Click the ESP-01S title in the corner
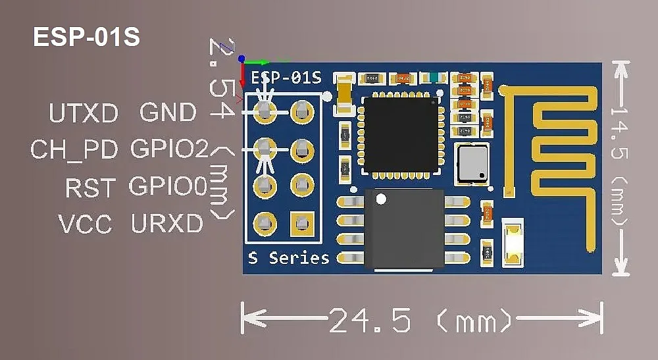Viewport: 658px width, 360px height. coord(86,38)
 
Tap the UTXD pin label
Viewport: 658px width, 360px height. coord(84,114)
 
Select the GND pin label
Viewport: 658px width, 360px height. coord(168,113)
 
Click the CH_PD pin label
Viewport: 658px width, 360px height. coord(74,150)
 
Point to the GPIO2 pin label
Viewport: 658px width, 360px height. coord(169,149)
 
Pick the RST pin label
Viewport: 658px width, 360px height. coord(90,188)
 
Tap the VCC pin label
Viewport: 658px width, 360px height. coord(86,225)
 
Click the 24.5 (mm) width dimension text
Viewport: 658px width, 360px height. coord(420,321)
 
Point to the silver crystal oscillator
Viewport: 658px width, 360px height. coord(473,164)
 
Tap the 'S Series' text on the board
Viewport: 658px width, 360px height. coord(289,258)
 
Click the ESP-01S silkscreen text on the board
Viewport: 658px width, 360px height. coord(286,78)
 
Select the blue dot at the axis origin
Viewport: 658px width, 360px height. coord(242,59)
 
